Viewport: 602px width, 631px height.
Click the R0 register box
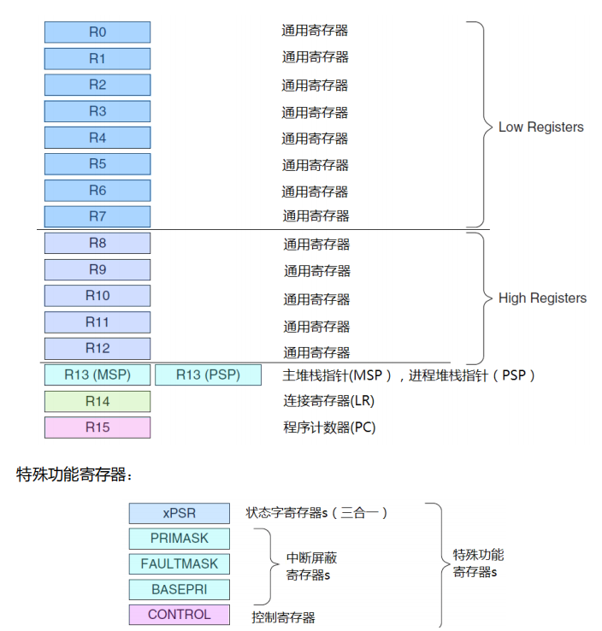(97, 32)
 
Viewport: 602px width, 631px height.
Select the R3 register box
(97, 111)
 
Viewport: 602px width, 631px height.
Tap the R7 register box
(97, 216)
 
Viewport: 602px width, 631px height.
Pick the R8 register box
(97, 243)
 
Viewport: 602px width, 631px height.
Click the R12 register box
(97, 348)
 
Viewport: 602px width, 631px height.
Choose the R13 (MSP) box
(97, 374)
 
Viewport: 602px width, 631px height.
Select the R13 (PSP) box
(208, 374)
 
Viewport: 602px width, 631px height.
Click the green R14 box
(97, 401)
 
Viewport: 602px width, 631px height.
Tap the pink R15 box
(97, 428)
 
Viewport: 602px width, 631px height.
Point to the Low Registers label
(540, 127)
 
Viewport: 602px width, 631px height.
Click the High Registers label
(542, 298)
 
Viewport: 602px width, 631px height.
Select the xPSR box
(180, 513)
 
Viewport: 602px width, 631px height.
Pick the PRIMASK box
(180, 539)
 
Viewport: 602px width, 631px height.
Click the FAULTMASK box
(180, 564)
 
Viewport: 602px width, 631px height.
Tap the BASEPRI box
(180, 589)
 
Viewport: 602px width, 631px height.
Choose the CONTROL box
(180, 615)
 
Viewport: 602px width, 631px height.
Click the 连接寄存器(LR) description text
(329, 400)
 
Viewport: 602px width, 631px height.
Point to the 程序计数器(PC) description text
(330, 428)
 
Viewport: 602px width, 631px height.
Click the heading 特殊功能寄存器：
(75, 475)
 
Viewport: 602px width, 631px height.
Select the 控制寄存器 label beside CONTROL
(283, 616)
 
